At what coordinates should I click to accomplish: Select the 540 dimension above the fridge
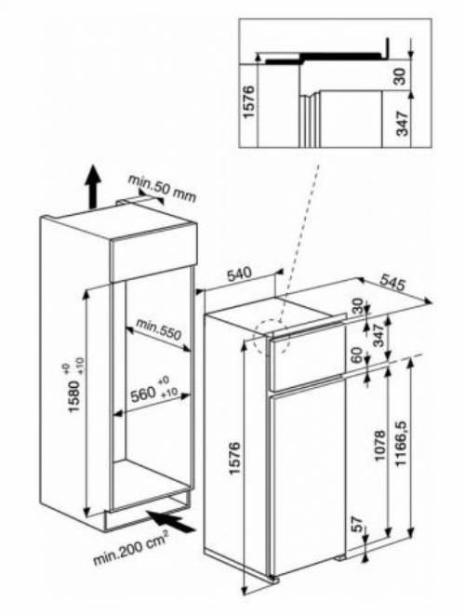click(x=240, y=274)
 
